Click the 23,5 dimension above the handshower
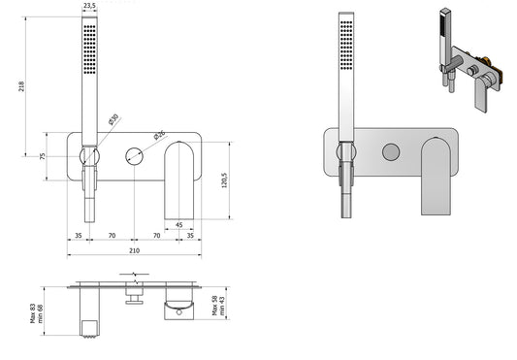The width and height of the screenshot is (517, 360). [x=89, y=6]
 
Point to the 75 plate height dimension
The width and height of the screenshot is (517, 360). [x=44, y=155]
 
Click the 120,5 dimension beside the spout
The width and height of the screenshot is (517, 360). [x=223, y=180]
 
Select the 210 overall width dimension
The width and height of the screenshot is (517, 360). [x=134, y=251]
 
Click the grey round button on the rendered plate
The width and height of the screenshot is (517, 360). [x=390, y=152]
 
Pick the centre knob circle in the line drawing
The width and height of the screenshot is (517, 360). [x=134, y=155]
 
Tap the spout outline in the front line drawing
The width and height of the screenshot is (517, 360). [x=180, y=180]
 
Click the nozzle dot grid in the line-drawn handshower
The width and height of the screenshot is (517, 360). [x=89, y=45]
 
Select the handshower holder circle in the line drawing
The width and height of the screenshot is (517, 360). [x=88, y=155]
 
